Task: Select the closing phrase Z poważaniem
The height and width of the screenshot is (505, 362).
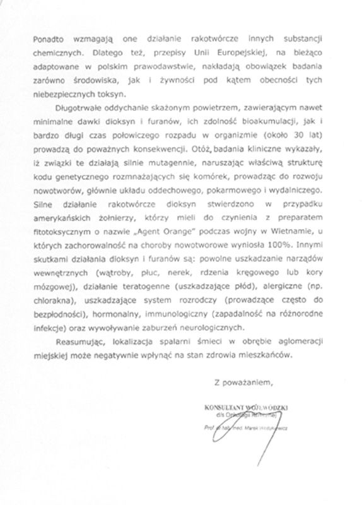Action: pos(243,417)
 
